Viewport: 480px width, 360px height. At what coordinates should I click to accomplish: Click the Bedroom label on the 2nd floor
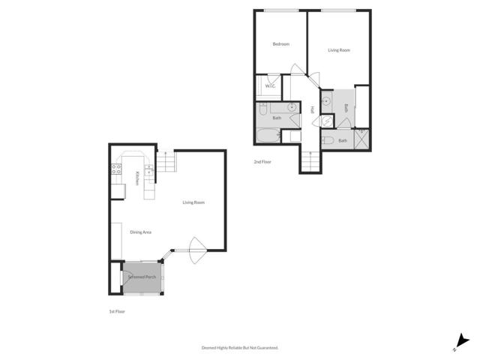[x=280, y=44]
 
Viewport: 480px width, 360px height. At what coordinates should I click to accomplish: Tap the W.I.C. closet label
[x=270, y=86]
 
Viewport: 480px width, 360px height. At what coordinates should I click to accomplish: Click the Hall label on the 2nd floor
[x=312, y=110]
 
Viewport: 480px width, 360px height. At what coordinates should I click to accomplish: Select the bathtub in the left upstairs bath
[x=267, y=136]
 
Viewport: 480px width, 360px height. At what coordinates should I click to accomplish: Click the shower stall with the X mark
[x=361, y=137]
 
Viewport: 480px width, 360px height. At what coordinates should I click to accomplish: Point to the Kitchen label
[x=137, y=178]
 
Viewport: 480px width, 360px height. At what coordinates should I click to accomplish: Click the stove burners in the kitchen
[x=117, y=169]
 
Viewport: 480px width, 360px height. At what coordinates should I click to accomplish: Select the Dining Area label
[x=141, y=232]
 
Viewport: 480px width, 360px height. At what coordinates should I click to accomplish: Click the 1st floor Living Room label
[x=193, y=202]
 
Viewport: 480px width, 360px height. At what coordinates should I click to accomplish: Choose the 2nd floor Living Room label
[x=339, y=50]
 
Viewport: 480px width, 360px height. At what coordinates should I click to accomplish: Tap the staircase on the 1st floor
[x=166, y=162]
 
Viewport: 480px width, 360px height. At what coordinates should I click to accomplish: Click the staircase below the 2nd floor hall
[x=309, y=160]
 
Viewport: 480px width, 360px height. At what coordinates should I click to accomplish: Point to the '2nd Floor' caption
[x=262, y=161]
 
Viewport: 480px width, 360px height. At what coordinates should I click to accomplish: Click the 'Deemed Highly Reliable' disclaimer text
[x=240, y=348]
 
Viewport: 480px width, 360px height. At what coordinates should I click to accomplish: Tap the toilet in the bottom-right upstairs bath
[x=328, y=140]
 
